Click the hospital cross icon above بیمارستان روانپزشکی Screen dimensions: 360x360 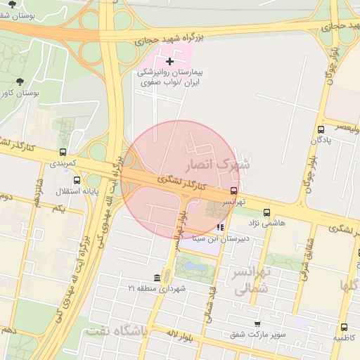(x=169, y=62)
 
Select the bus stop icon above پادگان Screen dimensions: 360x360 (x=321, y=129)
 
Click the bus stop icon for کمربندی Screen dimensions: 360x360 (x=63, y=152)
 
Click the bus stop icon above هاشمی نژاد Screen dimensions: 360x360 (x=266, y=212)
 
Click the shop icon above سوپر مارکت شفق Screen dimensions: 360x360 (x=257, y=323)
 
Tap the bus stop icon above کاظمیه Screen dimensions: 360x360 (x=344, y=327)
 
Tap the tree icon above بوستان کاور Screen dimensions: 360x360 (x=19, y=82)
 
